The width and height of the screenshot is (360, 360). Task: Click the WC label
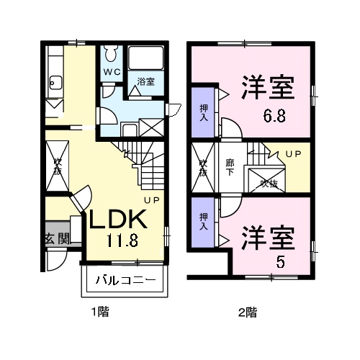coord(111,72)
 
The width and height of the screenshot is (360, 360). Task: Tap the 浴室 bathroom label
coord(145,81)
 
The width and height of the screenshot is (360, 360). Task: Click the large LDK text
coord(118,219)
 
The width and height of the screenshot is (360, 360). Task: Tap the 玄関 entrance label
coord(58,238)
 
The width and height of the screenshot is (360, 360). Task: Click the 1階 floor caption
coord(99,312)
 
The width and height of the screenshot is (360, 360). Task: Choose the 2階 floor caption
coord(247,312)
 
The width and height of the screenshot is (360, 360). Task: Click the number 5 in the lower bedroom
coord(281,261)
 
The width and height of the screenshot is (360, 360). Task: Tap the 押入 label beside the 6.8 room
coord(203,112)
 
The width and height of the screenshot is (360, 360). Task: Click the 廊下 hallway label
coord(230,167)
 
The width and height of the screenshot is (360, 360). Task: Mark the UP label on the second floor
coord(292,154)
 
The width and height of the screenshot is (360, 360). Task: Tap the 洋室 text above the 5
coord(267,238)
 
